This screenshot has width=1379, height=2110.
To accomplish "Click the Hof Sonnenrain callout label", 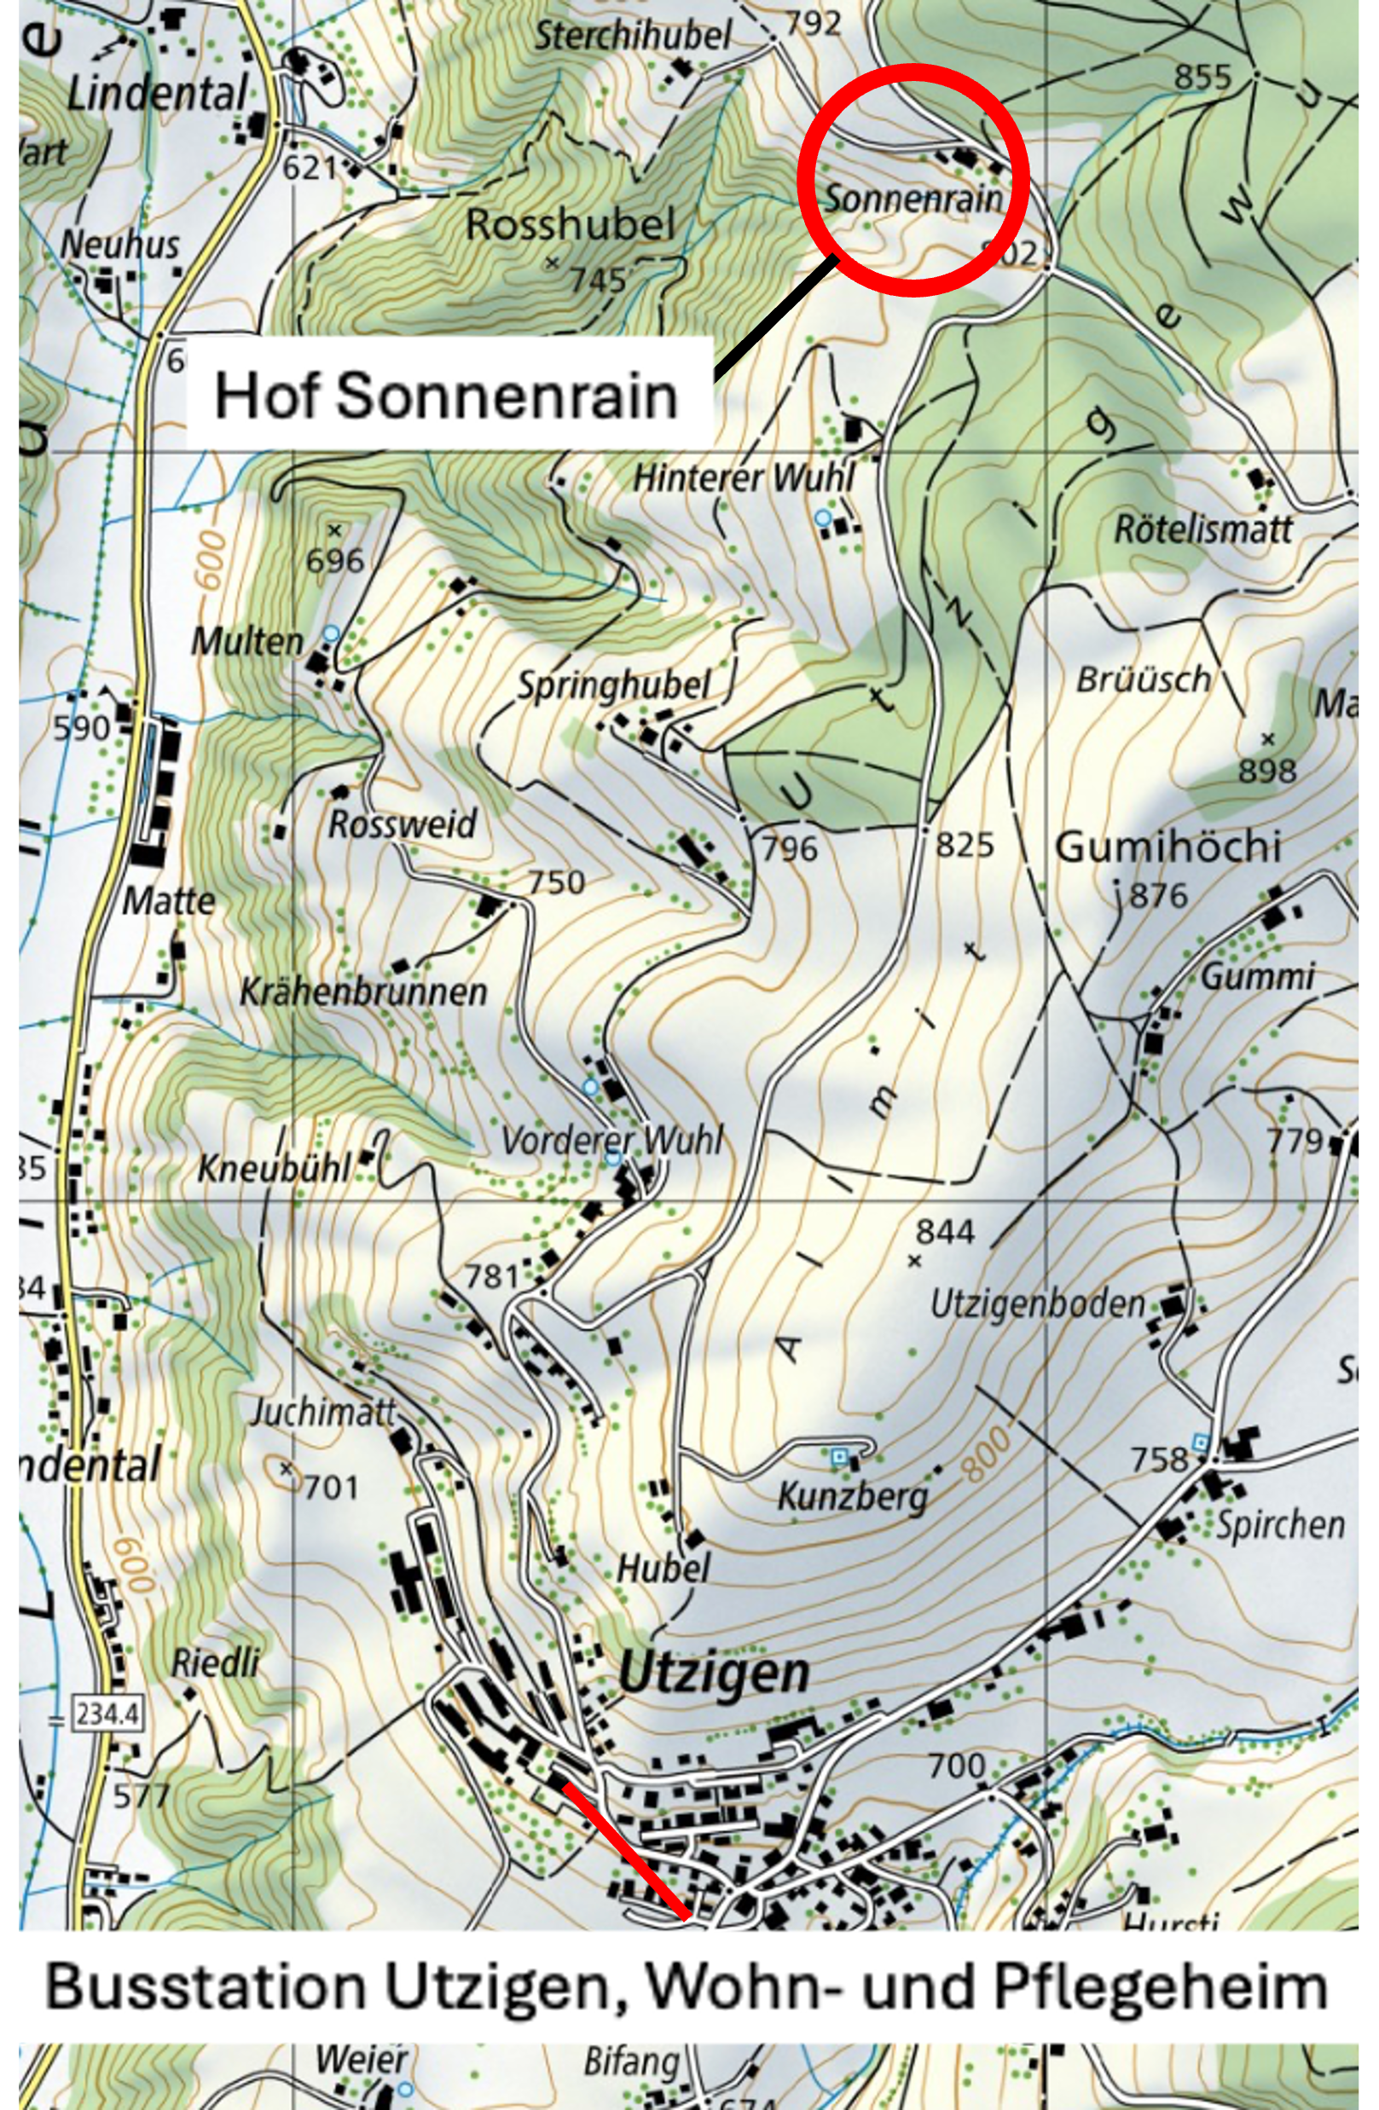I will [447, 395].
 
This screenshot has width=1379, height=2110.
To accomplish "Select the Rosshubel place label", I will [570, 224].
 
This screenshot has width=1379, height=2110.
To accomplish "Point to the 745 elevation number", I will [598, 280].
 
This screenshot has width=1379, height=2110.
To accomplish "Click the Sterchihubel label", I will [632, 37].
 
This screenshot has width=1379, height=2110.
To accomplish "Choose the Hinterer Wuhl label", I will [743, 479].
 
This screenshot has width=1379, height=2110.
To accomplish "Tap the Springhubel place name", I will [614, 685].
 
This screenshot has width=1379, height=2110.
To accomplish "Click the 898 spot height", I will [1266, 771].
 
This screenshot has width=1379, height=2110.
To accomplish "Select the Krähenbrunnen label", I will [363, 991].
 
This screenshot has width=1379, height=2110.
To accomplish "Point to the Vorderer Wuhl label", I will [612, 1140].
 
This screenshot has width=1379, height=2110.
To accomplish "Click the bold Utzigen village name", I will [713, 1672].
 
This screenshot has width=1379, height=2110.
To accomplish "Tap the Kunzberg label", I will [852, 1497].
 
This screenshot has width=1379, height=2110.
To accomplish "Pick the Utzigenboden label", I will [1038, 1304].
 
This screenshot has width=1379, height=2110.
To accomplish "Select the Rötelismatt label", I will [1202, 529].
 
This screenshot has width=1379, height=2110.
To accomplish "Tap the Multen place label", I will [247, 640].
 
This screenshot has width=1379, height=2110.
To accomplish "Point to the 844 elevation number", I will [944, 1230].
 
